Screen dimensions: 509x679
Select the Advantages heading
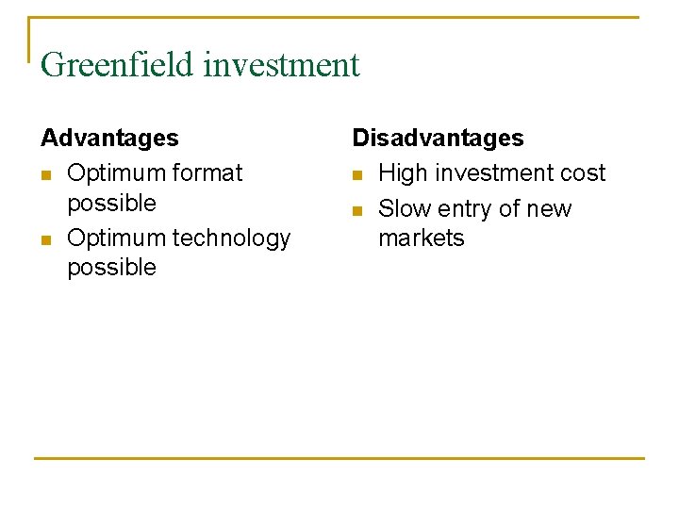point(109,138)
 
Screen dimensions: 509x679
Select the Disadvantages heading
point(438,138)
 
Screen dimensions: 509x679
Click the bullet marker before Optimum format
point(46,174)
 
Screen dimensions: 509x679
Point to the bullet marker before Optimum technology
point(46,239)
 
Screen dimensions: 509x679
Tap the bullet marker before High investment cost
point(357,174)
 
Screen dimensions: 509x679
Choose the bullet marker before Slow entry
point(357,209)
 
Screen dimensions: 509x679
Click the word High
point(403,173)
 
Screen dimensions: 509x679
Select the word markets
point(421,238)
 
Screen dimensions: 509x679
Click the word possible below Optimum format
point(111,204)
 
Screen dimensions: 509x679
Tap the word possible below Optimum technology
point(111,268)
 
